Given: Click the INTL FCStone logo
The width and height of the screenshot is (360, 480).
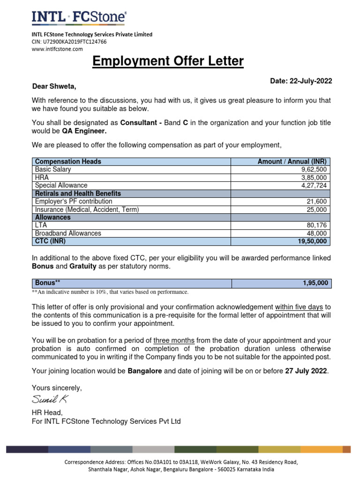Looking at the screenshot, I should coord(78,17).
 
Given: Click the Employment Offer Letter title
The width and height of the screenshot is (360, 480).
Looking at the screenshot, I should coord(168,61).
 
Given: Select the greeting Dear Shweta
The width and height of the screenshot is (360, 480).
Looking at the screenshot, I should coord(54,87).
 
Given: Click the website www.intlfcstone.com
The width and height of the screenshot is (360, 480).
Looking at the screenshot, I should coord(57,49).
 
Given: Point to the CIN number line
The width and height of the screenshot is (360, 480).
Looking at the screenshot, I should coord(69,42).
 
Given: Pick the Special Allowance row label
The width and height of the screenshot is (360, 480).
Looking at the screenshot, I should coord(61,186).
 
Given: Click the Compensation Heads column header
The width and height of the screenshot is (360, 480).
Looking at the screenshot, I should coord(68,162).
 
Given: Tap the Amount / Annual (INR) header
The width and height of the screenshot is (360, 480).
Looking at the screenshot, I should coord(292,162).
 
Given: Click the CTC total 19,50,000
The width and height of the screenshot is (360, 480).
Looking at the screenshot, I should coord(313,241).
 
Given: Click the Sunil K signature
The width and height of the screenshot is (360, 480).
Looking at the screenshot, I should coord(50,399).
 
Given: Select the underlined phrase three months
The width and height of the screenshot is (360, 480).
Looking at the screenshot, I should coord(174,340).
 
